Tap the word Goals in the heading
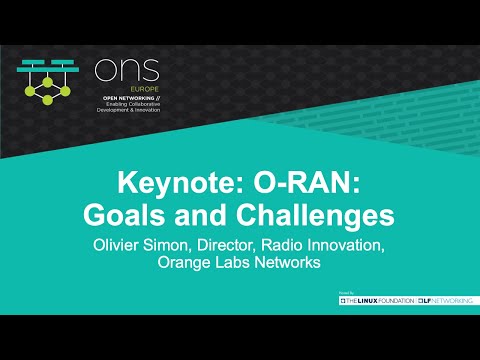point(124,214)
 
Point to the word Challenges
point(311,214)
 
